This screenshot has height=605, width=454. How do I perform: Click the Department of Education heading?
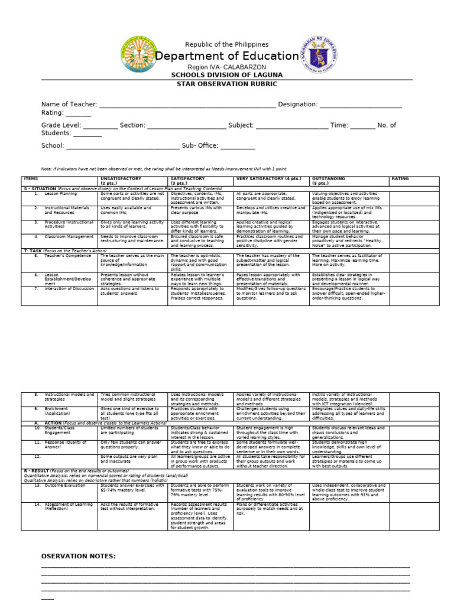point(227,56)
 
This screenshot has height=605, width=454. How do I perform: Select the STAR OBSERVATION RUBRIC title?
point(227,84)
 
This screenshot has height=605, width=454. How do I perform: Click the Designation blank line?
point(361,105)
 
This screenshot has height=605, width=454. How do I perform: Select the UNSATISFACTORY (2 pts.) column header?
point(125,181)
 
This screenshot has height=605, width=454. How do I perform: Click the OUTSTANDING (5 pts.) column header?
point(328,181)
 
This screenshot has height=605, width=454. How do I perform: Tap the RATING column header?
point(400,178)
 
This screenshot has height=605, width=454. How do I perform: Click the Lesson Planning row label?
point(60,193)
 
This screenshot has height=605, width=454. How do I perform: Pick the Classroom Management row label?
point(67,236)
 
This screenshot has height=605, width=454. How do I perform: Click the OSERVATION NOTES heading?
point(78,557)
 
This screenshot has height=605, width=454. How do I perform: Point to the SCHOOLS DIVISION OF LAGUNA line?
point(227,75)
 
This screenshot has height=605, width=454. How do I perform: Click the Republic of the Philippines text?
point(227,44)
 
